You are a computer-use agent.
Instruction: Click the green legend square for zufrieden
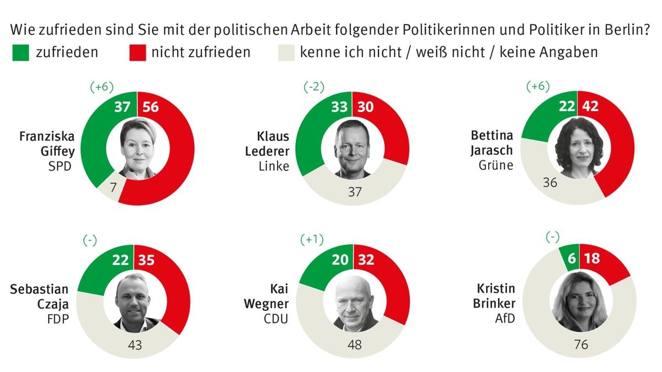pyautogui.click(x=20, y=53)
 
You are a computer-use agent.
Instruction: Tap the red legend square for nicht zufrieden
pyautogui.click(x=138, y=53)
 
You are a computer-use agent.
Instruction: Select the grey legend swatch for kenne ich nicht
pyautogui.click(x=287, y=53)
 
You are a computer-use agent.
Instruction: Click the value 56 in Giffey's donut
pyautogui.click(x=150, y=106)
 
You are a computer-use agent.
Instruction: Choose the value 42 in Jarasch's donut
pyautogui.click(x=591, y=107)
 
